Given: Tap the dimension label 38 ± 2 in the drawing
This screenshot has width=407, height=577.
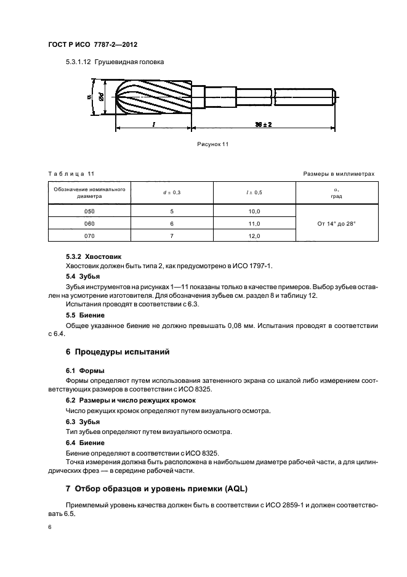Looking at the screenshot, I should click(264, 124).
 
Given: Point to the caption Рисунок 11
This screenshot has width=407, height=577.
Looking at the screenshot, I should click(212, 144).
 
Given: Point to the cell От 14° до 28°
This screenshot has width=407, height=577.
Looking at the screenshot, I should click(336, 223).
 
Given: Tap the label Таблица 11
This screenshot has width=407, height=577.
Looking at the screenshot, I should click(71, 174).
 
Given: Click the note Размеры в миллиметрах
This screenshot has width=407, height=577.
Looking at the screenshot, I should click(339, 174).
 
